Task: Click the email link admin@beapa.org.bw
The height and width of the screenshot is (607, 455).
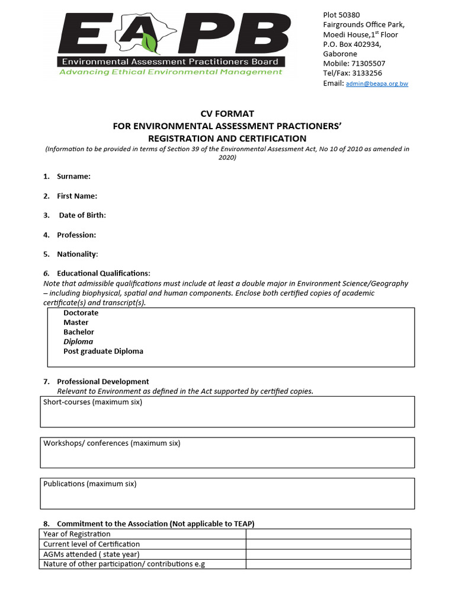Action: (x=377, y=84)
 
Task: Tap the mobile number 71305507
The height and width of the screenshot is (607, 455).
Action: (x=368, y=63)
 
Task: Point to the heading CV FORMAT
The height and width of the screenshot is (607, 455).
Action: (x=227, y=114)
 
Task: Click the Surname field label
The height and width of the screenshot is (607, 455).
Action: (x=73, y=177)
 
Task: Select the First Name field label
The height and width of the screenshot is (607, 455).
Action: (x=77, y=196)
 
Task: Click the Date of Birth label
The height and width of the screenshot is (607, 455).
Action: (x=82, y=215)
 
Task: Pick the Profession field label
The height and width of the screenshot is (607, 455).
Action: (x=76, y=235)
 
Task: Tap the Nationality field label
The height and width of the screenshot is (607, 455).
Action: (x=77, y=254)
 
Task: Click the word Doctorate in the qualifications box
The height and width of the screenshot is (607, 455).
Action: (x=81, y=313)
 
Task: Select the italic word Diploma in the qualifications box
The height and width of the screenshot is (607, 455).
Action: (x=78, y=341)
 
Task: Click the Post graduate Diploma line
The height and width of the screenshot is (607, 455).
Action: (x=103, y=351)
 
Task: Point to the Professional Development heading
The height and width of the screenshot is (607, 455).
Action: (x=102, y=382)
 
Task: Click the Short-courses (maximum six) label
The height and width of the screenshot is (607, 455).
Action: (x=93, y=402)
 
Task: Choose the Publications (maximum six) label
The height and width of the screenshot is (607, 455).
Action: (x=90, y=484)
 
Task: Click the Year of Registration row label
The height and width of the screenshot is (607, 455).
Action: (x=77, y=534)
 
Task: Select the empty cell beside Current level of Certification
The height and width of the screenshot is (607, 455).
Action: (x=328, y=544)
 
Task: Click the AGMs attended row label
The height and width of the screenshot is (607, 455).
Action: (x=91, y=554)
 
